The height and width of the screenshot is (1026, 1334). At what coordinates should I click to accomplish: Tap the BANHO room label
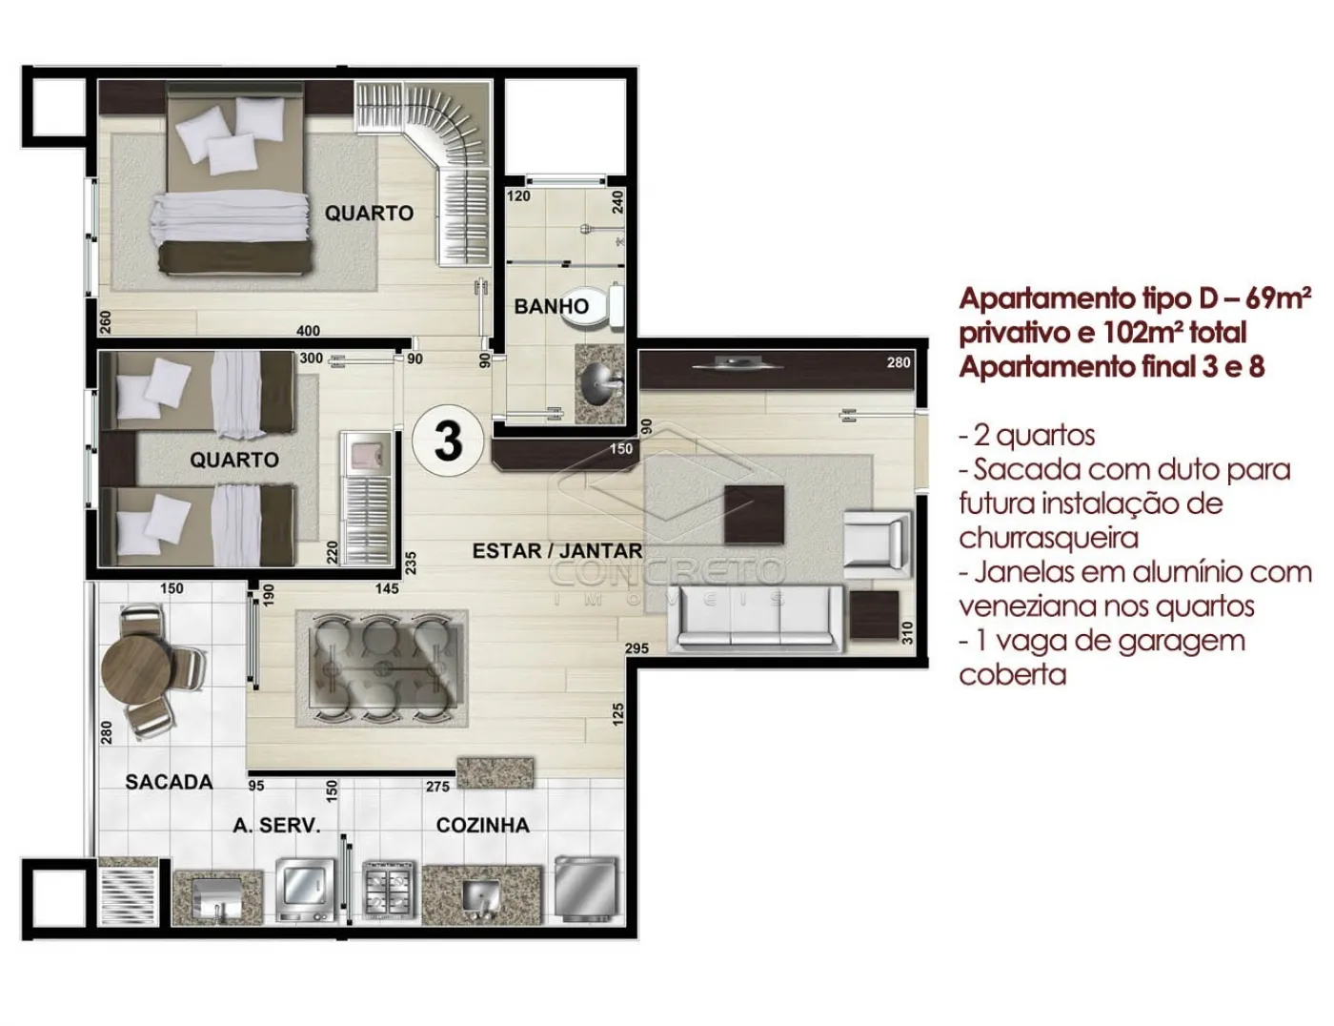pos(552,306)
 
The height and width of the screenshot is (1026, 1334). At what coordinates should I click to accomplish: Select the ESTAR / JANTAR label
pos(557,551)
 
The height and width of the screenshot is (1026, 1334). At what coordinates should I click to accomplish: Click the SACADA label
pos(169,782)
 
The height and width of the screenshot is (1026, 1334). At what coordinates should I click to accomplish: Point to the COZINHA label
pos(482,825)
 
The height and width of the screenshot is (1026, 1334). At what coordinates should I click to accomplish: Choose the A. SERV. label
pos(276,826)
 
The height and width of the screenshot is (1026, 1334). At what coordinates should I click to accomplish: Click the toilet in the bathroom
pos(594,307)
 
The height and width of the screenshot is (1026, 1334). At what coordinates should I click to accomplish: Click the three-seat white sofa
pos(756,618)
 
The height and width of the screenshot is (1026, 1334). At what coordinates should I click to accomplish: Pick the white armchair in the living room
pos(877,541)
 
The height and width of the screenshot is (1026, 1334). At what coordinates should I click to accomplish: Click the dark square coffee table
pos(754,514)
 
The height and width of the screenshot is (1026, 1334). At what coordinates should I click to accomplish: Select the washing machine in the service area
pos(306,889)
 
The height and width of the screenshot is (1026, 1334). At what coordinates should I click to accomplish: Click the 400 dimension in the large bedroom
pos(308,331)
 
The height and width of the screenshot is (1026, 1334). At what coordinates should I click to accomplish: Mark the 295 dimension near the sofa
pos(637,648)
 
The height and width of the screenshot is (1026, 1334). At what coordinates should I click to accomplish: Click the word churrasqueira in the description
pos(1048,538)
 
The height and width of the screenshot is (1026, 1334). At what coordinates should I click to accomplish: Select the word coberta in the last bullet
pos(1012,675)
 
